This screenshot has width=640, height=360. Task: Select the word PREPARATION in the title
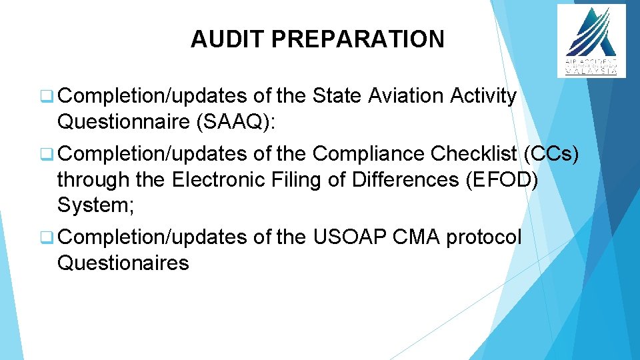[358, 39]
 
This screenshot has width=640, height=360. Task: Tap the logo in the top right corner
[591, 40]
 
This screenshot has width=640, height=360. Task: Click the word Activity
[484, 96]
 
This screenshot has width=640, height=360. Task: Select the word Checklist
[474, 154]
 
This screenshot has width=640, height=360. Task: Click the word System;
[96, 205]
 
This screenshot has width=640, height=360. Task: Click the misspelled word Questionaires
[123, 263]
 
